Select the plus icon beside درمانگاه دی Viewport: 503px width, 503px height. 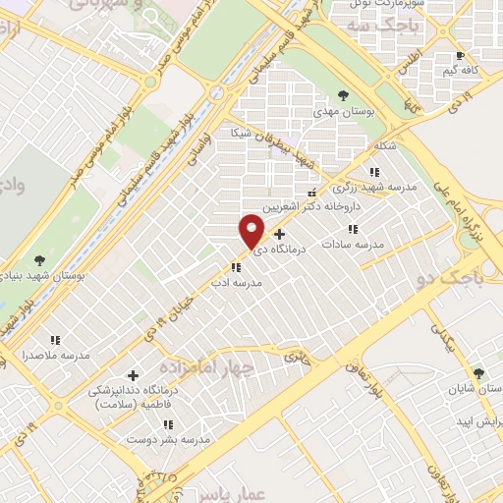click(280, 235)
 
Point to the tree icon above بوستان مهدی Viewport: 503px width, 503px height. click(342, 95)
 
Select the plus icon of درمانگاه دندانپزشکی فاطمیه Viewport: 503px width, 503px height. click(134, 375)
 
